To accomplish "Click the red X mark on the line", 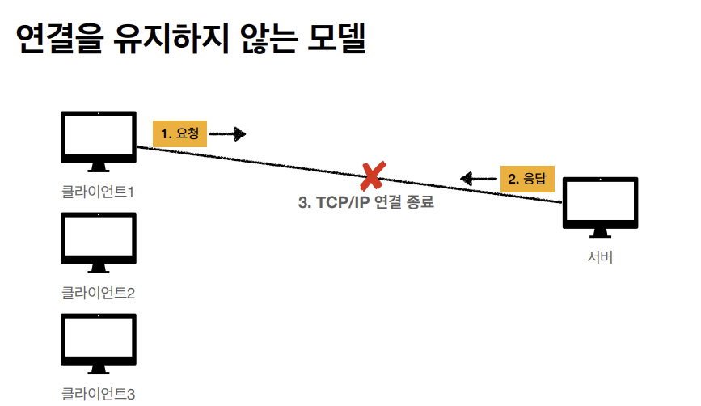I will tap(372, 175).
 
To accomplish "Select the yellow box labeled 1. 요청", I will tap(179, 133).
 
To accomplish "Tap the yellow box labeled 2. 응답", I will tap(526, 178).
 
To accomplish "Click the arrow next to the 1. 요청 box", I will tap(228, 133).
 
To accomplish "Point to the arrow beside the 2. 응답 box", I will tap(478, 178).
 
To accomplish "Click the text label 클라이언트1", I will tap(98, 192).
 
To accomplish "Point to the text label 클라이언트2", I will tap(98, 293).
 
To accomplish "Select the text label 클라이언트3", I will tap(98, 394).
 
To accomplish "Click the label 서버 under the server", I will tap(600, 258).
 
